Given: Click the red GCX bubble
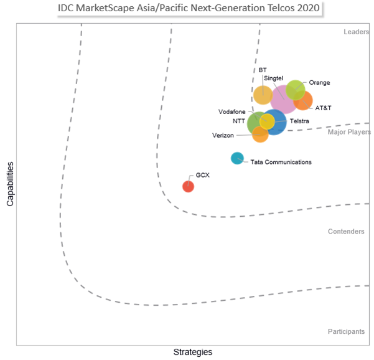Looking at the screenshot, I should (188, 186).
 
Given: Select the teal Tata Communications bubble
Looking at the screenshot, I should (237, 158).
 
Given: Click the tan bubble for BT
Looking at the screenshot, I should (263, 95).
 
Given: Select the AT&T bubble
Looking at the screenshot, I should (305, 101).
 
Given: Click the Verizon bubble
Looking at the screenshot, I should (260, 134).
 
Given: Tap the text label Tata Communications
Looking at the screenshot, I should (281, 163).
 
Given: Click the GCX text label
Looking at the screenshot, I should (203, 175).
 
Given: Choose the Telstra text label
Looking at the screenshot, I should (299, 121).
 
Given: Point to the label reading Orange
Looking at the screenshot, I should (319, 83).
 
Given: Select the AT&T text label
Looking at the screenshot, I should (323, 108).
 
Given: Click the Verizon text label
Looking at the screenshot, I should (223, 135).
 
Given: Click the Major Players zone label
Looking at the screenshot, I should (349, 132).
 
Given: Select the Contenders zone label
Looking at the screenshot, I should (346, 232).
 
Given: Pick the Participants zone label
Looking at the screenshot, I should (346, 332).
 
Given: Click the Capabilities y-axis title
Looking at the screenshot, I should (11, 184).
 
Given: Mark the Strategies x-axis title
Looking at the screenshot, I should (192, 352).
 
